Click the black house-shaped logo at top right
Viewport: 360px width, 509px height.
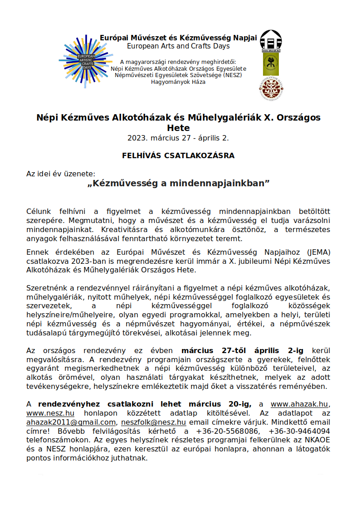click(x=271, y=41)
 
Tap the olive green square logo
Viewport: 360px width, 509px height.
click(x=271, y=64)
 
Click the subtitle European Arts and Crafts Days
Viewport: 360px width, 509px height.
click(x=178, y=46)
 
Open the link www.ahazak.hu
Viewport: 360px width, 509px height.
click(x=300, y=404)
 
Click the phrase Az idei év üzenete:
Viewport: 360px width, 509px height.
click(x=61, y=174)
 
